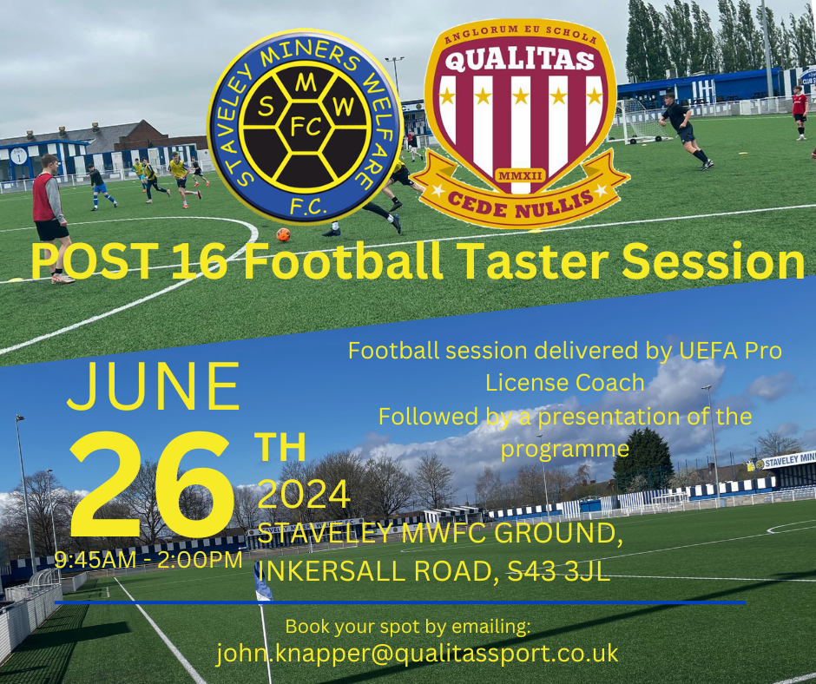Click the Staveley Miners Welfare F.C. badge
305,125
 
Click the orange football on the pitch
283,234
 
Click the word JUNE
154,387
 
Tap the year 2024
304,495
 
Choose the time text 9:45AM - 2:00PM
148,560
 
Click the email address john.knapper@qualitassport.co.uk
418,653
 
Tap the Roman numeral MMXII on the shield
520,177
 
